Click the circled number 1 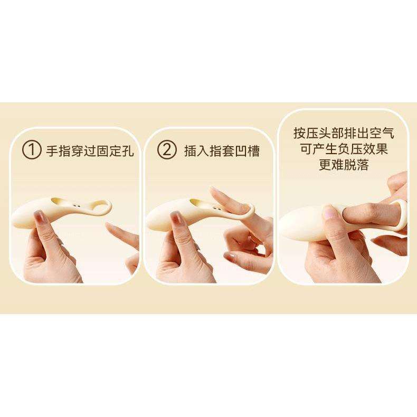(32, 150)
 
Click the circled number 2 (167, 150)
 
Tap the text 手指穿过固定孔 (90, 151)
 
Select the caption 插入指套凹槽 (222, 151)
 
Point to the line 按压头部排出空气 (344, 133)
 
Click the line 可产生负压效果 (344, 149)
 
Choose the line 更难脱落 (344, 165)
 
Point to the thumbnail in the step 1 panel (40, 217)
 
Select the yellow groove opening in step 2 (196, 202)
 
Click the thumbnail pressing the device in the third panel (329, 212)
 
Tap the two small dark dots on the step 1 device (77, 205)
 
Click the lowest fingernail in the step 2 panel (231, 257)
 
